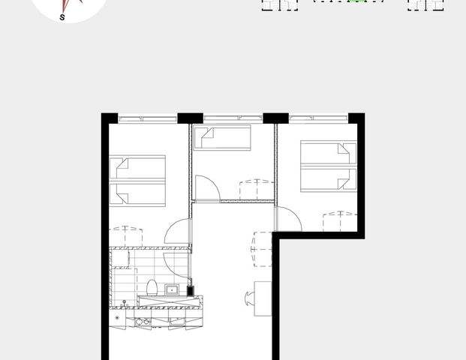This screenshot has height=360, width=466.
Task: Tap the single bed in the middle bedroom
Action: point(222,138)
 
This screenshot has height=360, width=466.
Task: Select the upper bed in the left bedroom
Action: point(137,168)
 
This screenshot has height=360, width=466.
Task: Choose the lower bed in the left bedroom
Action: point(137,193)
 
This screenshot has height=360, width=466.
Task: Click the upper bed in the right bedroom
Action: point(328,154)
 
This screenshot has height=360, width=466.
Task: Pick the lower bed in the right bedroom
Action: point(328,179)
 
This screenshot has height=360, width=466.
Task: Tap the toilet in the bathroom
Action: point(152,287)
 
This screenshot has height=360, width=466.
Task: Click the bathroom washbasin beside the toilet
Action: point(172,289)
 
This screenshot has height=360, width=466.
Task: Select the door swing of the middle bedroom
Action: point(206,188)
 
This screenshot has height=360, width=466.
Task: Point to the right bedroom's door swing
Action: point(288,219)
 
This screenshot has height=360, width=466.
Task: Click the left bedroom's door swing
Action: point(179,230)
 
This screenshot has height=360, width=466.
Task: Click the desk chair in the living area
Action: point(248,298)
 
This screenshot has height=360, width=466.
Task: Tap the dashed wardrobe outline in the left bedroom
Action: point(126,236)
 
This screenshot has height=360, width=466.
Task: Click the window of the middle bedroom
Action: point(233,118)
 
